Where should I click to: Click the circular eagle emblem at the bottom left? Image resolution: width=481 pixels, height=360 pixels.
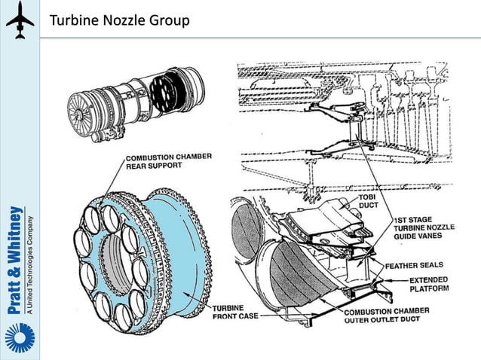click(x=19, y=337)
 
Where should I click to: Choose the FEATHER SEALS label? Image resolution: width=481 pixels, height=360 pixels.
click(x=415, y=265)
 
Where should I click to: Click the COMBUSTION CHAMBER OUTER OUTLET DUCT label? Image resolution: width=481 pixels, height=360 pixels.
click(x=386, y=316)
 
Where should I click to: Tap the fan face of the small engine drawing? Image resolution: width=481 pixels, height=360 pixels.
click(x=81, y=114)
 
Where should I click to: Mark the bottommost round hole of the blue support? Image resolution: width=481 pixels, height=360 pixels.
click(x=120, y=316)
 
